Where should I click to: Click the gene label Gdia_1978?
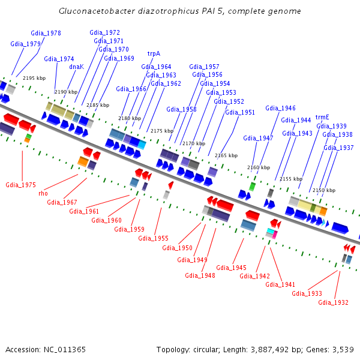46,33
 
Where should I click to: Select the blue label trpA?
154,53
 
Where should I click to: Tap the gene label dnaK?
76,67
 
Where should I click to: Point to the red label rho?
43,193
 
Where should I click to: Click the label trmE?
322,117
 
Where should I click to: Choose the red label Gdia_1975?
20,185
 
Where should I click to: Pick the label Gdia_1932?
333,302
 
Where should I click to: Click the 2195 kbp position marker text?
34,78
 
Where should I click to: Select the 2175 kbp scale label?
161,131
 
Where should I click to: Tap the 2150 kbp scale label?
323,190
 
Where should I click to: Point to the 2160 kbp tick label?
259,167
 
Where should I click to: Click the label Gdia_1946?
280,108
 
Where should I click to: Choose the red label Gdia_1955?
153,238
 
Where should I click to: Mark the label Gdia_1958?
181,109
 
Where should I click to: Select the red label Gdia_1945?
231,268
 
